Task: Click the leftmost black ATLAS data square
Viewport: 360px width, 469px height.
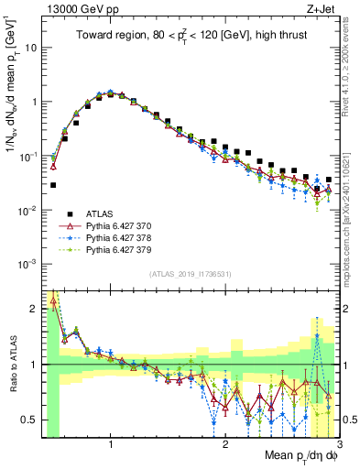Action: (53, 185)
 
